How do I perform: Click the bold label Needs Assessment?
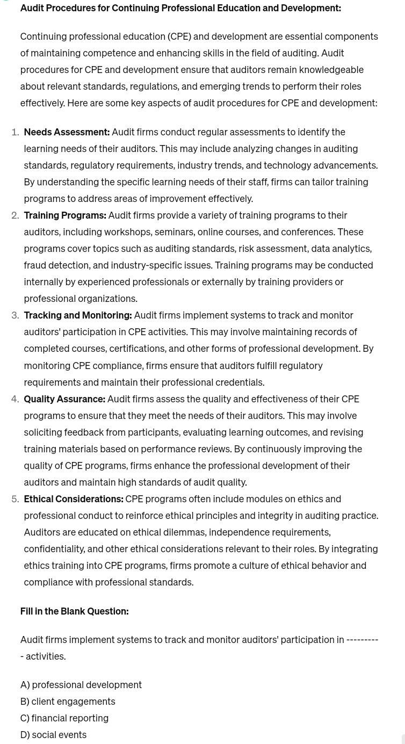pos(67,132)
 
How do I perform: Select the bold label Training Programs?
pos(64,215)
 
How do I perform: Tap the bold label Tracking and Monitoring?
pos(77,315)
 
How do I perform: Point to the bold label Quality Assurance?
pos(64,399)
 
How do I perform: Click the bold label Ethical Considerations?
pos(73,499)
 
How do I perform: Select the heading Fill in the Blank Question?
pos(74,611)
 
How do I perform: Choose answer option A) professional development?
pos(81,684)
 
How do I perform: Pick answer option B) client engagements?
pos(68,701)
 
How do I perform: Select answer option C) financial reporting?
pos(64,718)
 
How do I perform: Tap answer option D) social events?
pos(53,734)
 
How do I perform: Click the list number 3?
pos(15,315)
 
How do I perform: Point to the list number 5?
pos(15,499)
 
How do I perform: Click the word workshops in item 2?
pos(127,232)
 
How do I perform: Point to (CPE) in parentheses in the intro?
pos(179,36)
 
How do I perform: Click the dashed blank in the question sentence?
pos(362,639)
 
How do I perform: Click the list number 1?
pos(15,132)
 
